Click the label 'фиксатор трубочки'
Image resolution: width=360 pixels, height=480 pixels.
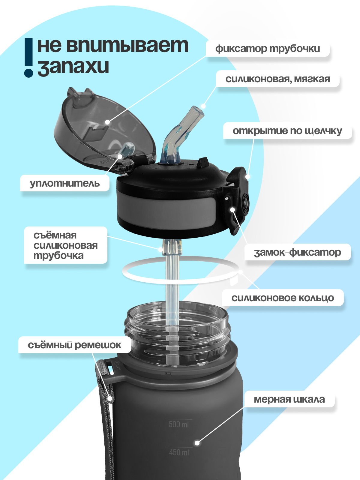[267, 49]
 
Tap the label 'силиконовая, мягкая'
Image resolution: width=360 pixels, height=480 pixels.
[277, 79]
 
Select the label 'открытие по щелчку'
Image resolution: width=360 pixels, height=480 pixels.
[287, 131]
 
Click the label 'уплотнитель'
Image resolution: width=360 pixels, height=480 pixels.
[64, 183]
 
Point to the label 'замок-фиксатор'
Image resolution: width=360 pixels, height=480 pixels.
[297, 252]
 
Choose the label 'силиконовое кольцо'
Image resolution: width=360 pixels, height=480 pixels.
[282, 298]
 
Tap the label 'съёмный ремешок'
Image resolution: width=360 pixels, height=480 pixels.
[74, 345]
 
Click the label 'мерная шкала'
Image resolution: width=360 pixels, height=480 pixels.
[289, 399]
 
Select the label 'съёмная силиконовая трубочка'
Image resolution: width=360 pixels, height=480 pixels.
[65, 245]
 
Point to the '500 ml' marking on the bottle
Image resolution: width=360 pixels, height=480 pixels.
[178, 424]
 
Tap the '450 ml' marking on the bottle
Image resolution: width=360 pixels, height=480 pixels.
[179, 452]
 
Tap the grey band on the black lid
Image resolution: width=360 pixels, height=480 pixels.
[165, 208]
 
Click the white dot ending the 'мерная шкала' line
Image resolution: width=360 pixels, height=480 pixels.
[197, 443]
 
